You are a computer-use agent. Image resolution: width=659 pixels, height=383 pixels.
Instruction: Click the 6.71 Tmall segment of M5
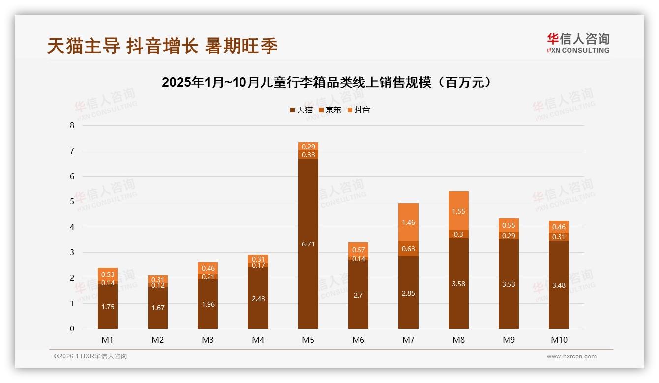tap(308, 244)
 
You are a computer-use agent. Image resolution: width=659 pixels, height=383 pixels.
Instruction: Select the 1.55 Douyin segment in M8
tap(458, 211)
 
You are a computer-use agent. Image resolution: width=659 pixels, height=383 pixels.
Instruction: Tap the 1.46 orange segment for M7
tap(408, 222)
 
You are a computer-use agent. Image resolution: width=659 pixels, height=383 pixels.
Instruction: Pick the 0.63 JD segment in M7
tap(408, 248)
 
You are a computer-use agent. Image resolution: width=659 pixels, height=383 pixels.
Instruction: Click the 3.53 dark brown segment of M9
tap(509, 284)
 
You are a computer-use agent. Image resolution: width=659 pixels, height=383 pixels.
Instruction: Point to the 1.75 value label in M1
tap(108, 307)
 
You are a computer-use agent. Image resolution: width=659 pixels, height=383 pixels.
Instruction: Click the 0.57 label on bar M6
tap(358, 250)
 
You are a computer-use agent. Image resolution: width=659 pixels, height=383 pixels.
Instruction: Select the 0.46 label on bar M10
tap(559, 227)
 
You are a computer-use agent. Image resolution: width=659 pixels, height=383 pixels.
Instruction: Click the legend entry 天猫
tap(301, 110)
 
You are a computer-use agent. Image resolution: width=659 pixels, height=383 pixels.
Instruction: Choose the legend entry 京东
tap(330, 110)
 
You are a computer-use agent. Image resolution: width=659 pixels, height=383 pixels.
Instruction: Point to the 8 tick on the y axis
tap(72, 125)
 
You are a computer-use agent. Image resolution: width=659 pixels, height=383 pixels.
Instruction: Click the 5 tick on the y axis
tap(72, 202)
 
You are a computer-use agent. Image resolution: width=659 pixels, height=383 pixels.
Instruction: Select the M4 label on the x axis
tap(258, 340)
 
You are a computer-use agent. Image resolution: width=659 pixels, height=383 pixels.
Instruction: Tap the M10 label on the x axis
tap(559, 340)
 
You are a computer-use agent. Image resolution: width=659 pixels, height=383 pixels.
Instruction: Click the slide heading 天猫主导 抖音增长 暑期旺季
tap(162, 46)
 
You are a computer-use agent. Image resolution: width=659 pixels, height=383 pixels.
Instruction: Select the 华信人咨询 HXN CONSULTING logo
tap(578, 43)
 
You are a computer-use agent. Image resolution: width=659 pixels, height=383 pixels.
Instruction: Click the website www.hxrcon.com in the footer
tap(571, 356)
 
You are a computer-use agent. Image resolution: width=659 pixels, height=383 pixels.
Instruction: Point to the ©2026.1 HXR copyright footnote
tap(90, 356)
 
